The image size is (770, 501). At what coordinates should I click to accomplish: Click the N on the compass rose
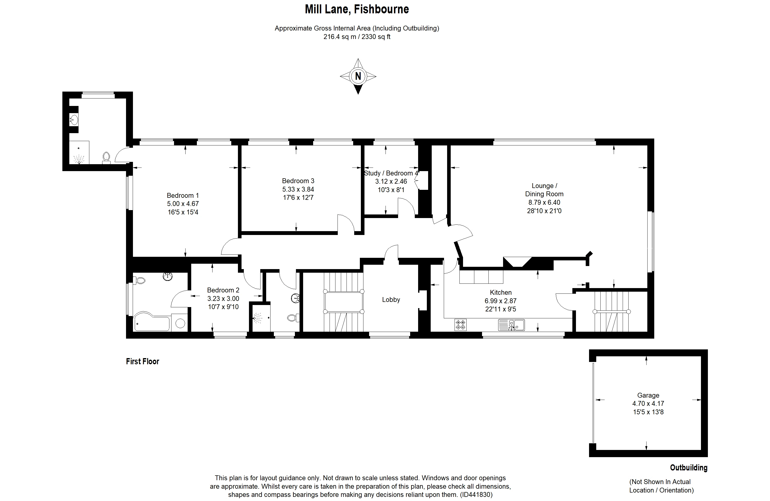[358, 76]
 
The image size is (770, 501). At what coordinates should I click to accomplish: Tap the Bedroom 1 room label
[183, 195]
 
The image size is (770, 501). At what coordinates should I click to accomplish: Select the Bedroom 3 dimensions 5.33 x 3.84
[298, 189]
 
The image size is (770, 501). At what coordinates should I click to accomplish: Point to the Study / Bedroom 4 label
[391, 173]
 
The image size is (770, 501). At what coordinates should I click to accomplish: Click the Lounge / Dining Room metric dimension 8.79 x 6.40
[544, 202]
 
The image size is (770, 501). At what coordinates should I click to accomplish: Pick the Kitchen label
[500, 292]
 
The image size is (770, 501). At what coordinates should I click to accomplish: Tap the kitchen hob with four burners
[460, 325]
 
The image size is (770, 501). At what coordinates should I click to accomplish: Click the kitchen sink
[512, 325]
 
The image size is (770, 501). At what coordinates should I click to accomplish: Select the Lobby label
[391, 300]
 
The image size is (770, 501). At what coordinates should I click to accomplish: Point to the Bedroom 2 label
[223, 290]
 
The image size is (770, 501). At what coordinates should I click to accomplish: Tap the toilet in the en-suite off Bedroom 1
[106, 158]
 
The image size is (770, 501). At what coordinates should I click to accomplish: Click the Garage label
[648, 395]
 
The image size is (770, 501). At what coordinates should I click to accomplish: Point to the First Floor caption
[143, 361]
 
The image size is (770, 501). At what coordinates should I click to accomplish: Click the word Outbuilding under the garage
[688, 468]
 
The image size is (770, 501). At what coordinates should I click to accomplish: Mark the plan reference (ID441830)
[476, 495]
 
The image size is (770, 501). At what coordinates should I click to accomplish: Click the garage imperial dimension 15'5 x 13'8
[648, 412]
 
